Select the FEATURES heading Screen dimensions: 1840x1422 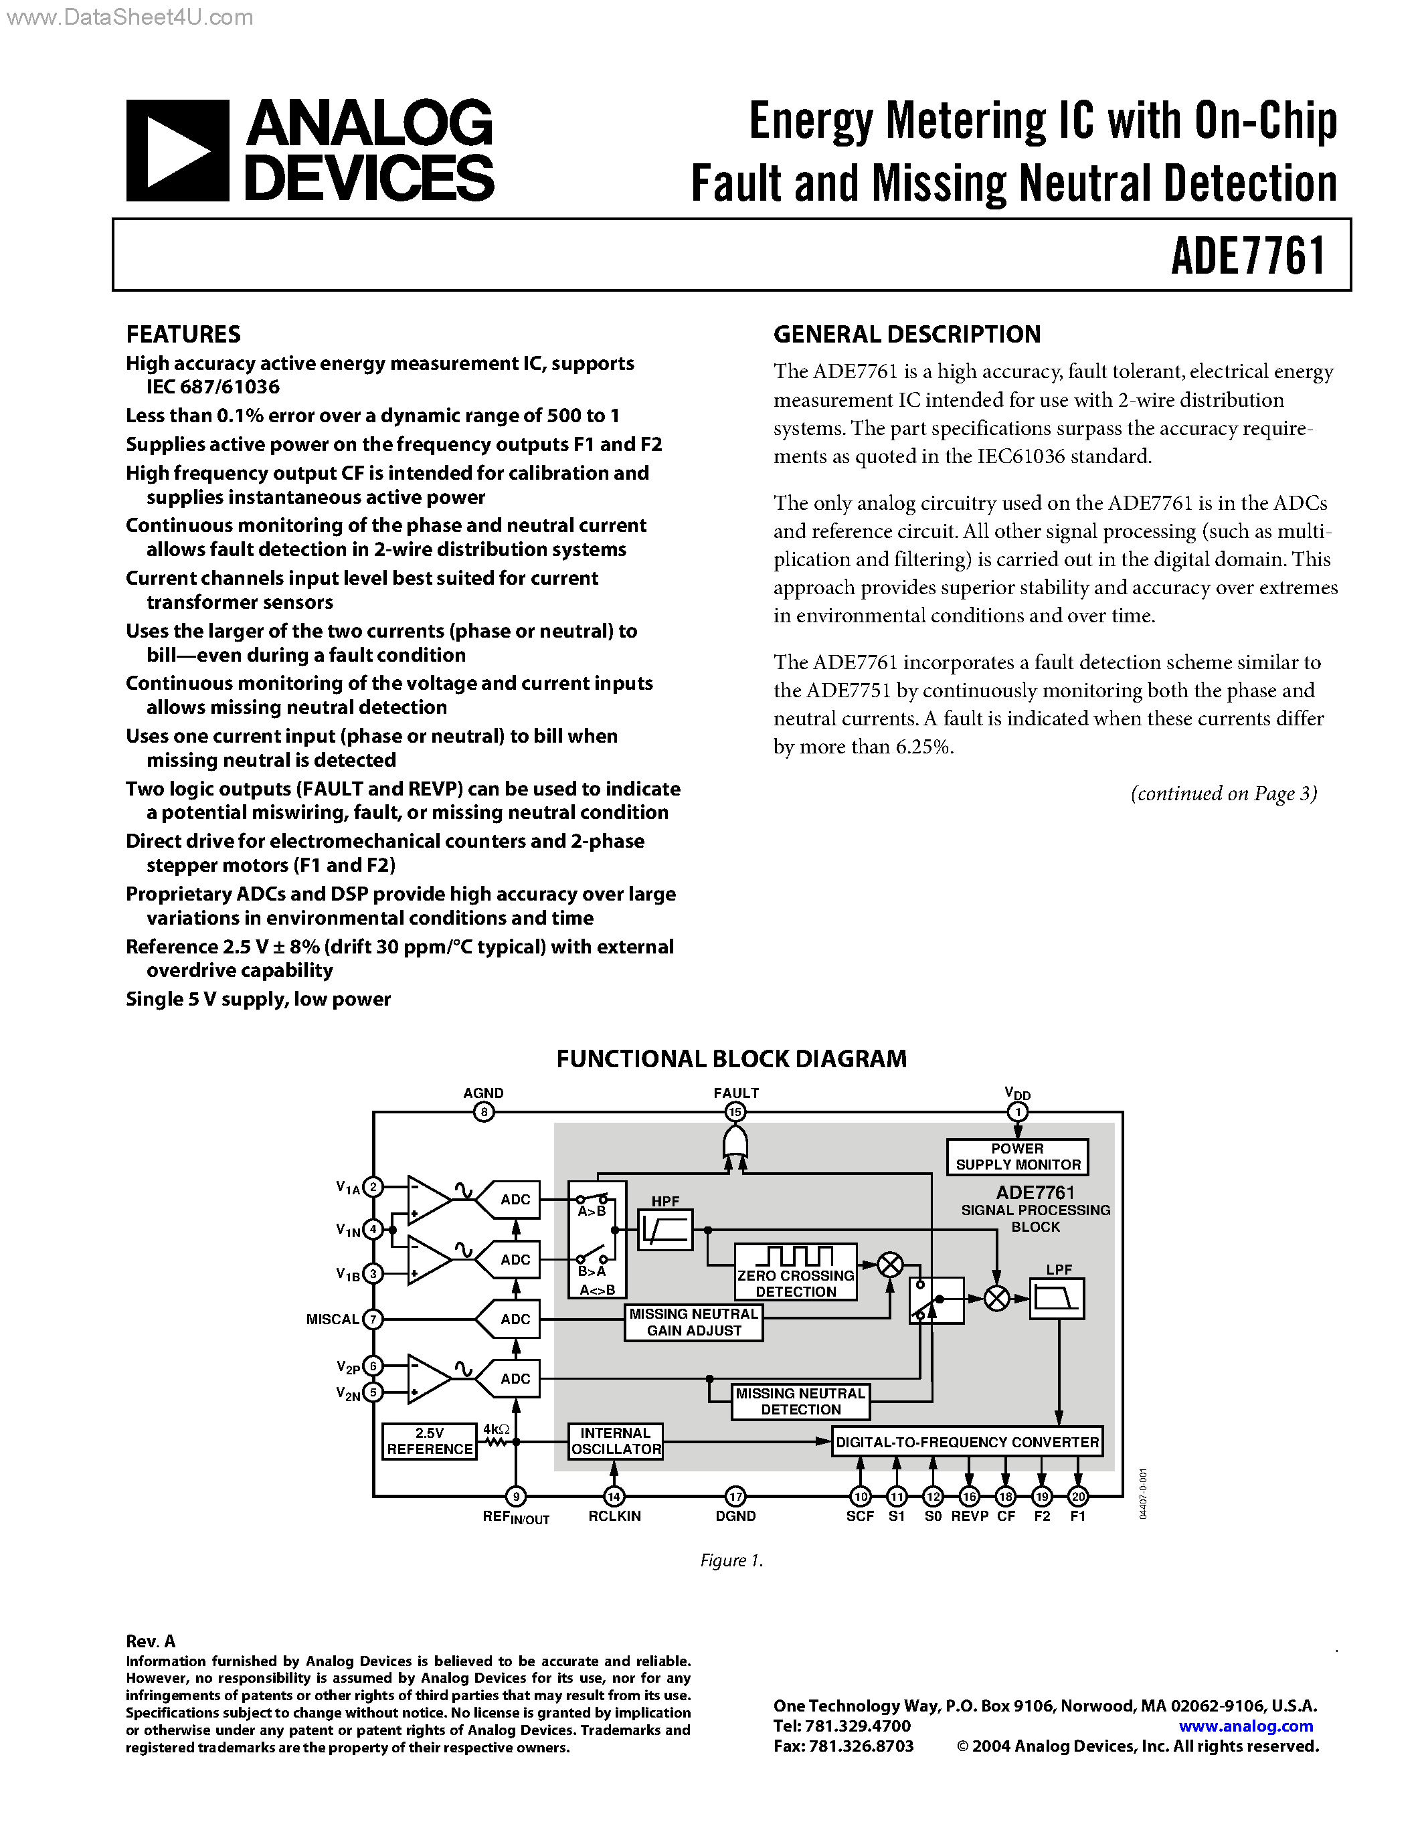(183, 335)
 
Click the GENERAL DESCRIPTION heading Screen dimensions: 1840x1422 (907, 335)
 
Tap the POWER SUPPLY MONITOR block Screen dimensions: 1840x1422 (1016, 1157)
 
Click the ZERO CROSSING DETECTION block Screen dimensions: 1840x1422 (795, 1272)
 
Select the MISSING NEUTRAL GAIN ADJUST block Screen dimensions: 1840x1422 (693, 1322)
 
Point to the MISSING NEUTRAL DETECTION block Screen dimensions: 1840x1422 (800, 1401)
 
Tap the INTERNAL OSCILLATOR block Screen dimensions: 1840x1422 (615, 1441)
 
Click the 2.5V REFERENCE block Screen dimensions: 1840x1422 (429, 1441)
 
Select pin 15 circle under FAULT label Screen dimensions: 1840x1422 (735, 1112)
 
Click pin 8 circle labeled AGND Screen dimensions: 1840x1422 (484, 1112)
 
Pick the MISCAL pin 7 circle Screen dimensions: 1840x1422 (372, 1319)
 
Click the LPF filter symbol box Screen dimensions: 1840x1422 (1057, 1298)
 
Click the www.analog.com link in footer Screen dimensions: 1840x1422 (1245, 1726)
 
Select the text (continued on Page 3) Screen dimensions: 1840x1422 (1223, 794)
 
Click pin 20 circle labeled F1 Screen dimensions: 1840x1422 (1077, 1496)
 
